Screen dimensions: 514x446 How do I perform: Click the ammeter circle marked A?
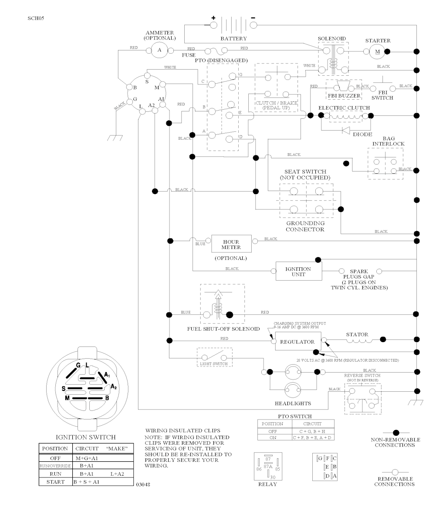(159, 50)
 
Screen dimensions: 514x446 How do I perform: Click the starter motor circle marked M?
(377, 51)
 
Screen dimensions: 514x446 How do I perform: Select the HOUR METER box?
(231, 245)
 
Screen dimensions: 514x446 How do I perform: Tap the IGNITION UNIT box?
(298, 272)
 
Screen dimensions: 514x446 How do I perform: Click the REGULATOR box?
(297, 342)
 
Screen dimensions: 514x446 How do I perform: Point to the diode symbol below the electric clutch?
(347, 130)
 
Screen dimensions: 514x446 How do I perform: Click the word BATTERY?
(233, 39)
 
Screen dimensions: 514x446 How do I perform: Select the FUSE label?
(189, 55)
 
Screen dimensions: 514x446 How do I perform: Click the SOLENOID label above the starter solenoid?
(332, 39)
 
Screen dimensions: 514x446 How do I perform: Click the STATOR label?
(357, 334)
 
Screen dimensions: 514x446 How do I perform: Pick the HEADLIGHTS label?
(293, 403)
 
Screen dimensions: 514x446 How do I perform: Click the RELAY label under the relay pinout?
(267, 484)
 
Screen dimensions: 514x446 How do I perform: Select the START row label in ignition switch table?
(55, 482)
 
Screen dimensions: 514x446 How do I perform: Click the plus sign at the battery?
(213, 18)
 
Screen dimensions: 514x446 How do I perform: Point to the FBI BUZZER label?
(344, 95)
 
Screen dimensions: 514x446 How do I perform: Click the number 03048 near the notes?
(143, 484)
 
